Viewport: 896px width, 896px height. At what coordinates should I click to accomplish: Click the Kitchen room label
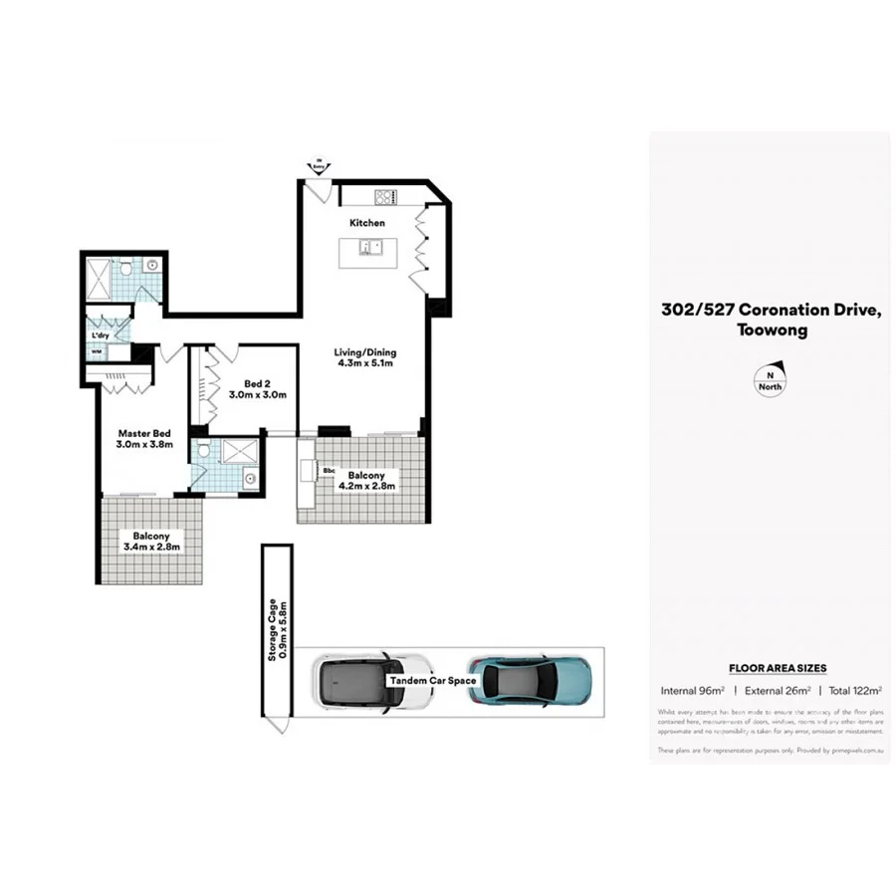point(366,223)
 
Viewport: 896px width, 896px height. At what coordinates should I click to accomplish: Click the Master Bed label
point(145,439)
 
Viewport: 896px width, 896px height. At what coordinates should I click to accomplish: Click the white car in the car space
point(373,681)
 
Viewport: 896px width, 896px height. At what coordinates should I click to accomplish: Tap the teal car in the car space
point(530,679)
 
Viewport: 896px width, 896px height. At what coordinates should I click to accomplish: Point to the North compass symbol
point(769,382)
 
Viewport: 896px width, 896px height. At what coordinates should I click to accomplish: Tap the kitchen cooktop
point(385,195)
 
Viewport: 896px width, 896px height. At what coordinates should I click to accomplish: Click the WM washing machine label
point(97,351)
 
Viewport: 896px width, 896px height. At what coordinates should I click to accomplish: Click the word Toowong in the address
point(772,331)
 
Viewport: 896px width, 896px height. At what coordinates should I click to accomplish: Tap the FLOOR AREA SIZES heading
point(778,668)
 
